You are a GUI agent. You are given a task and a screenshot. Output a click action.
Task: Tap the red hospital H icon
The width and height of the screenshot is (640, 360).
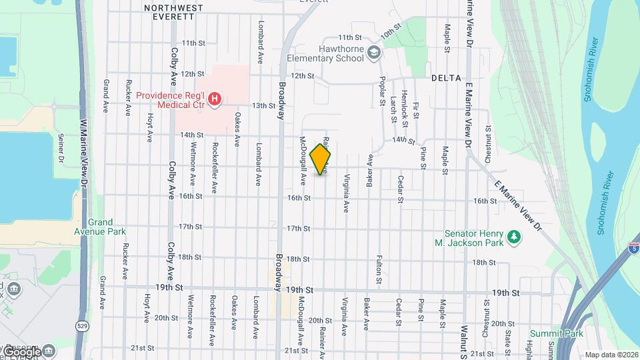(x=215, y=101)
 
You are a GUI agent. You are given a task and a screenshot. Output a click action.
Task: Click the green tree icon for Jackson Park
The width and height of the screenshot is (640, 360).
(x=513, y=237)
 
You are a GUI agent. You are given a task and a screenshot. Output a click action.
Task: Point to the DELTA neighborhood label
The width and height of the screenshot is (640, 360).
(x=446, y=78)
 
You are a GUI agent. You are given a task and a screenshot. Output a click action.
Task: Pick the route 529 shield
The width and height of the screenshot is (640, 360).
(x=82, y=326)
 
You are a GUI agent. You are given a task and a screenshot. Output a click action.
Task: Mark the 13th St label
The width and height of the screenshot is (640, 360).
(x=263, y=105)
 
